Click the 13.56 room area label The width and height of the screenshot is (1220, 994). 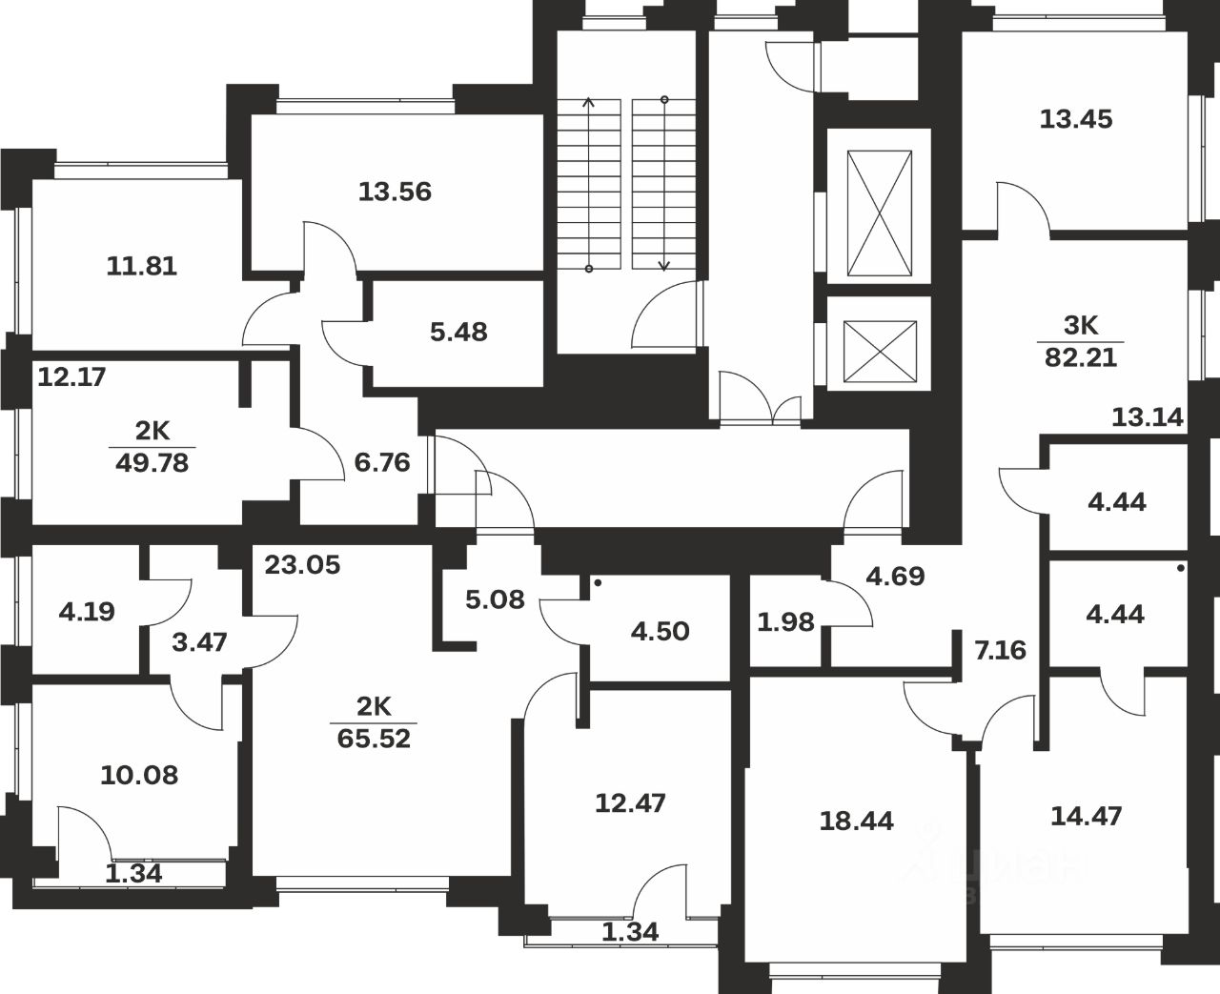(395, 193)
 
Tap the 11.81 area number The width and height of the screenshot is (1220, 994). (141, 266)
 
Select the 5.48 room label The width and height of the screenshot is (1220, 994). (458, 332)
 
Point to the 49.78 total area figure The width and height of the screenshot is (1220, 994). (152, 464)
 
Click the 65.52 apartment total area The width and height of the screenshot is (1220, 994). (374, 738)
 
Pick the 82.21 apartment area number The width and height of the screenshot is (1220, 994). (1080, 358)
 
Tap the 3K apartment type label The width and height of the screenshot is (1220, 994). (1081, 326)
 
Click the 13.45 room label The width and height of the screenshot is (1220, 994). (1076, 120)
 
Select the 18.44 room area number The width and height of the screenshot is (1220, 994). (857, 821)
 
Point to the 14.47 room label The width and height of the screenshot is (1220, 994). (1086, 816)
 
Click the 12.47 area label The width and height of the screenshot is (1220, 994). (630, 803)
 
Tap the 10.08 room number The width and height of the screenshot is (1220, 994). (139, 775)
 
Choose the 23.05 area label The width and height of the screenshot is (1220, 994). (302, 565)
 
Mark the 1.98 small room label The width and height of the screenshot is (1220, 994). (786, 622)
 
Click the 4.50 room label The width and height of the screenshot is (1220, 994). (661, 631)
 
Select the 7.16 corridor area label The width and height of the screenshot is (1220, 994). (1000, 651)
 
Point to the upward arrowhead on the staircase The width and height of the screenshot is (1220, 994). (589, 102)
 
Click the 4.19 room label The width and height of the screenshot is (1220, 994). (87, 611)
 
